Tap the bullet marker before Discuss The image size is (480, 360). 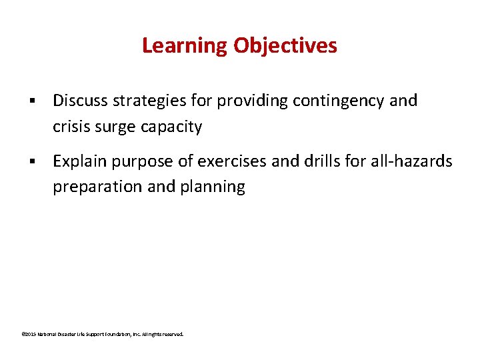click(31, 101)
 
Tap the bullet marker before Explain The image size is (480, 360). click(31, 162)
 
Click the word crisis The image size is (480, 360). click(71, 127)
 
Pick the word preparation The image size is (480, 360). click(97, 187)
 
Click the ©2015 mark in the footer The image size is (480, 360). click(28, 334)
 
